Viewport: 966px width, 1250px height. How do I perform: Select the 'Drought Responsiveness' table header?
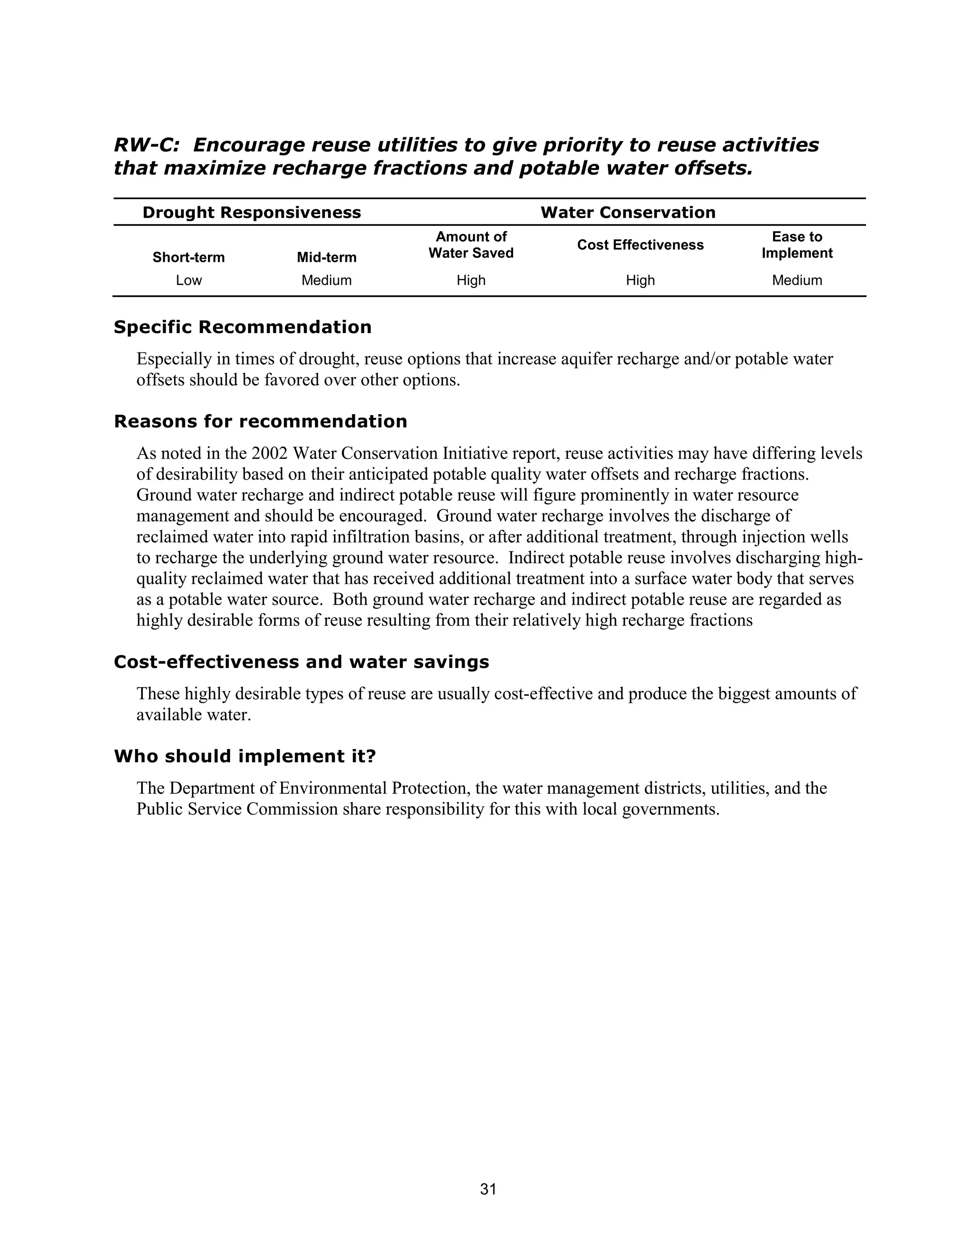(x=251, y=212)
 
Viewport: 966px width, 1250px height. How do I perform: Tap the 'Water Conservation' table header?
(x=628, y=212)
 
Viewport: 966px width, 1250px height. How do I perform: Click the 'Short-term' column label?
(x=188, y=258)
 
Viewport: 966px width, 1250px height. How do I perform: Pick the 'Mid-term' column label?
(x=326, y=258)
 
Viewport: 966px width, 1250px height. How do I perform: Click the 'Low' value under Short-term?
(x=188, y=281)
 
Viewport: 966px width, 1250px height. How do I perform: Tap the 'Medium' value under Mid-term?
(x=326, y=281)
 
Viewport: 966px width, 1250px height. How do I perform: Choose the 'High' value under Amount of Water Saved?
(x=471, y=281)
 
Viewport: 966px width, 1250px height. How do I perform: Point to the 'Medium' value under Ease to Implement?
(x=797, y=281)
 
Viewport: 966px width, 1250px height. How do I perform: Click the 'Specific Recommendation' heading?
(x=242, y=327)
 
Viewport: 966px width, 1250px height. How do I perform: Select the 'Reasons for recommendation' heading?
(x=260, y=422)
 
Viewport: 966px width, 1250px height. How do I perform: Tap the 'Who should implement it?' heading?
(x=245, y=757)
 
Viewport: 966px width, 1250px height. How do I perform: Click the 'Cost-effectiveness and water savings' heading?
(x=301, y=662)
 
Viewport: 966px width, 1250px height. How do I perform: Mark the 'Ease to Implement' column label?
(x=797, y=245)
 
